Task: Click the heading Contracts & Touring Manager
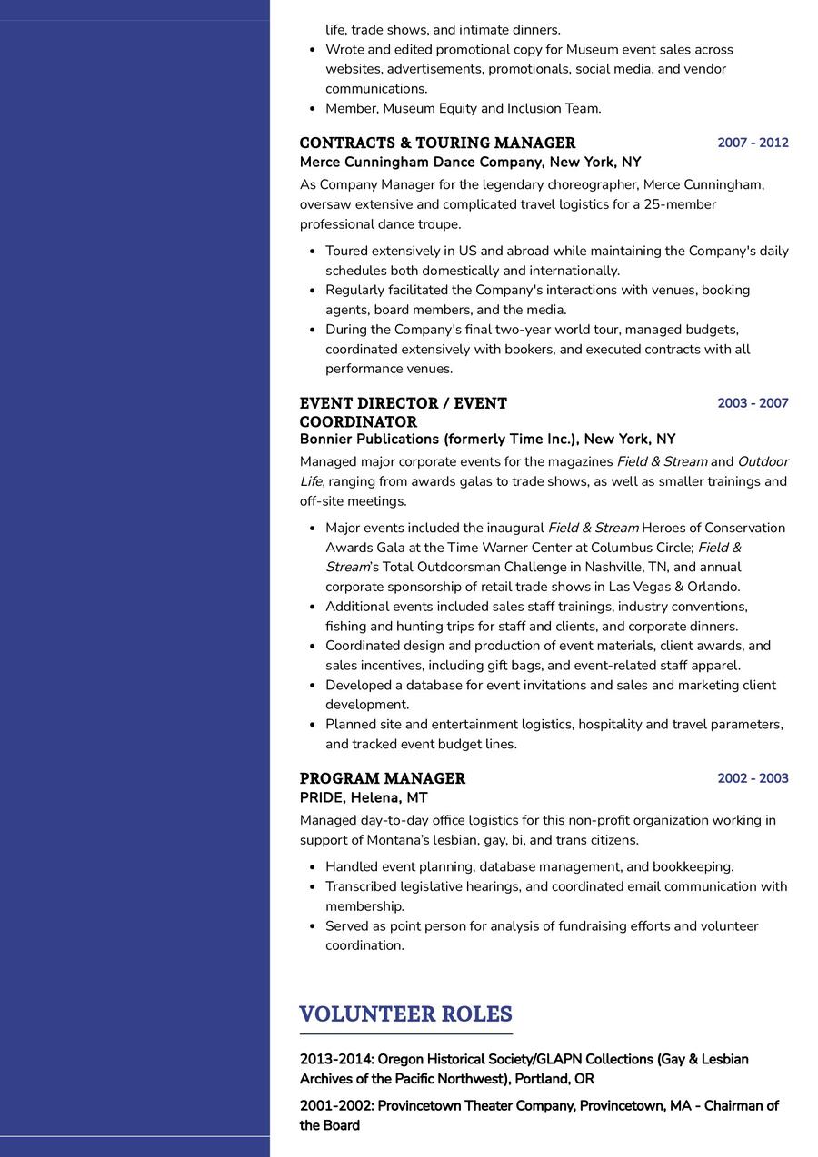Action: pyautogui.click(x=437, y=143)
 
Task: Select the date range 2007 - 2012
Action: pyautogui.click(x=753, y=143)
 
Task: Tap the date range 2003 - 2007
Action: pyautogui.click(x=753, y=403)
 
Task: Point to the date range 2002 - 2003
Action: pyautogui.click(x=753, y=778)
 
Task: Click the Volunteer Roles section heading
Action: pyautogui.click(x=405, y=1014)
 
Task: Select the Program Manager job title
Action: pyautogui.click(x=382, y=778)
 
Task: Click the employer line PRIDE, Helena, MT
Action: pyautogui.click(x=364, y=797)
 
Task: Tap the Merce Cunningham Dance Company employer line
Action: pyautogui.click(x=470, y=163)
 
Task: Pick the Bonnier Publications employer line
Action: pyautogui.click(x=487, y=440)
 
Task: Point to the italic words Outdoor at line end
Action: pyautogui.click(x=763, y=461)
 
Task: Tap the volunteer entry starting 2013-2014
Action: pyautogui.click(x=524, y=1069)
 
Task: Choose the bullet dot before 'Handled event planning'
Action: pyautogui.click(x=312, y=867)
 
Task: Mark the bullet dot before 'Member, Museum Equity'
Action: pyautogui.click(x=312, y=109)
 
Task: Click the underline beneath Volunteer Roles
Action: pyautogui.click(x=405, y=1033)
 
